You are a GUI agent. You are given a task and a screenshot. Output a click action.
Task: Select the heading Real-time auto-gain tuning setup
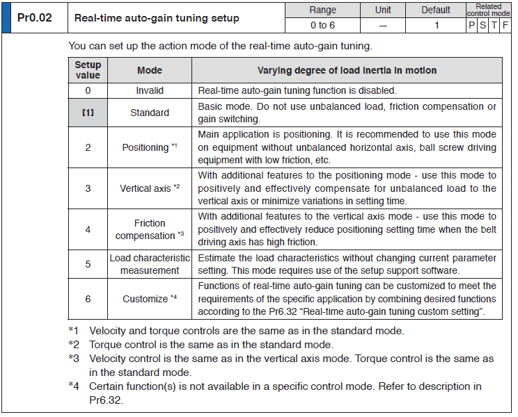click(x=157, y=18)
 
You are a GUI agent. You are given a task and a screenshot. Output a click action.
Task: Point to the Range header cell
click(x=322, y=10)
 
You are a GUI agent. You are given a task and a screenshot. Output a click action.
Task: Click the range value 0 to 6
click(x=322, y=25)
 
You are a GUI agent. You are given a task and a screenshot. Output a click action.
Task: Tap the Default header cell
click(x=437, y=10)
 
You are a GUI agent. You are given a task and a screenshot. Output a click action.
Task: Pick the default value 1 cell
click(x=437, y=25)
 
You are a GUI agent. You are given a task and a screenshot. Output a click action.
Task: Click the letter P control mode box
click(x=471, y=25)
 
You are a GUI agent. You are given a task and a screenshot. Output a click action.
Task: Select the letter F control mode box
click(x=505, y=25)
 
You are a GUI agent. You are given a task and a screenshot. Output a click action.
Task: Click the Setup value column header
click(x=88, y=70)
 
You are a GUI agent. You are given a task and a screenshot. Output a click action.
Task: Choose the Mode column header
click(x=150, y=70)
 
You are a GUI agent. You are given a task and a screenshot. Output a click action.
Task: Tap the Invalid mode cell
click(x=150, y=91)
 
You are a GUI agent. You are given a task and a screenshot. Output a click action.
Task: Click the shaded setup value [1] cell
click(x=88, y=113)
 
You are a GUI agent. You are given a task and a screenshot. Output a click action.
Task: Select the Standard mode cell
click(x=150, y=113)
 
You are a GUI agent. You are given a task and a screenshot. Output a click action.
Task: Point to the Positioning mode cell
click(x=150, y=147)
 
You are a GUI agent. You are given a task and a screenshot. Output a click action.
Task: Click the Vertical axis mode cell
click(x=150, y=188)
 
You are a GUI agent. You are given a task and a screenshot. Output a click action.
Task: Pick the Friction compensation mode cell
click(x=150, y=229)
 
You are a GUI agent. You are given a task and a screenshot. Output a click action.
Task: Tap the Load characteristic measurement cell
click(x=150, y=264)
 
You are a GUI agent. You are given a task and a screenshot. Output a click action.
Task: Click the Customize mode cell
click(x=150, y=299)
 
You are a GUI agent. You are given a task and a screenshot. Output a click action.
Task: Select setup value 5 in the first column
click(x=88, y=264)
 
